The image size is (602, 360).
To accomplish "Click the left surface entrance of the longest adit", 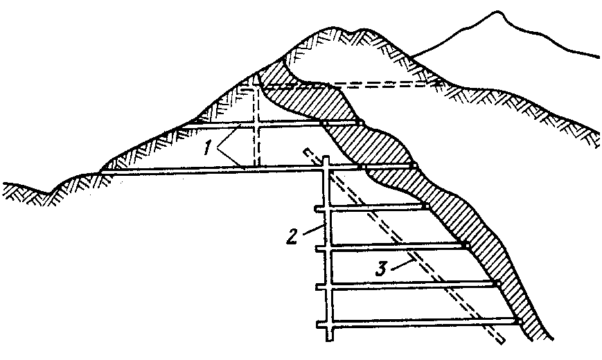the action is pos(104,170).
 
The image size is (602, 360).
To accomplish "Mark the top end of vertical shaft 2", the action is pos(326,159).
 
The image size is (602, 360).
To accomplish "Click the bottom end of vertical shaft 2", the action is pos(326,341).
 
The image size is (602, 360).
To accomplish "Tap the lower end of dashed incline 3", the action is pos(499,341).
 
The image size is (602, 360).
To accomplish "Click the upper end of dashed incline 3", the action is pos(305,150).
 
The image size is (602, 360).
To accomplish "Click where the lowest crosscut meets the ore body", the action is pos(518,321).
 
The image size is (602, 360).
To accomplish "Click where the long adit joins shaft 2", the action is pos(326,168).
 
